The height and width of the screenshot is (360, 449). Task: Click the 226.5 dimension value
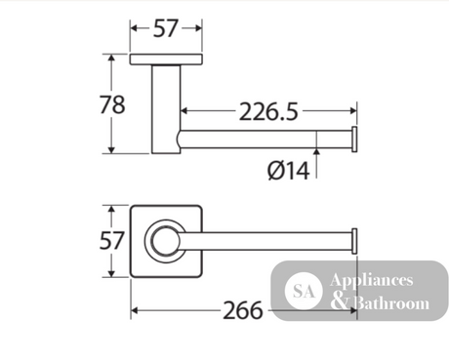pos(268,112)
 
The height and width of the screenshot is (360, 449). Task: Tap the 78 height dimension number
pos(112,104)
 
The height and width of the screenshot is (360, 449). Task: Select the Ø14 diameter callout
pos(288,171)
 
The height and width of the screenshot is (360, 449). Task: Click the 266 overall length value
pos(243,310)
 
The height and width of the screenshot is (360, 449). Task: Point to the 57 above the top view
pos(166,28)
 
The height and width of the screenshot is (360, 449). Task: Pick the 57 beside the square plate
pos(111,241)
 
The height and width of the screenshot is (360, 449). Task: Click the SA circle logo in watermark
pos(304,291)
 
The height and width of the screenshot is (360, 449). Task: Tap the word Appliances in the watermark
pos(372,281)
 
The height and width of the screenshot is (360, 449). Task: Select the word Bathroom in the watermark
pos(390,302)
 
